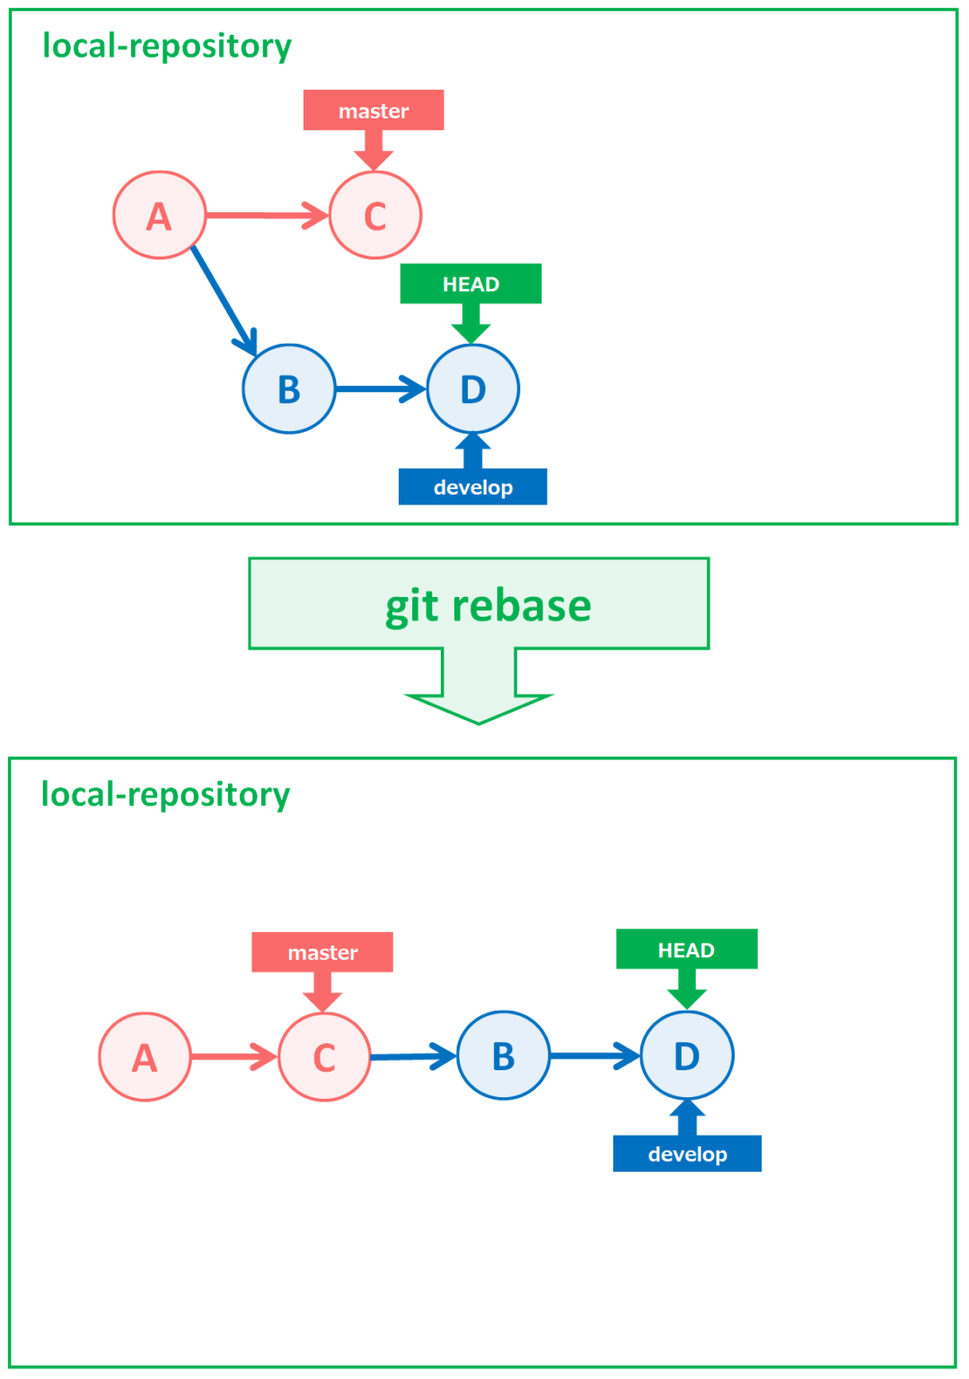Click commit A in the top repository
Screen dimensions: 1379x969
pos(159,215)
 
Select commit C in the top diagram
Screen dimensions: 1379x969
pos(375,215)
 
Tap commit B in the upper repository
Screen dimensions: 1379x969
pos(288,389)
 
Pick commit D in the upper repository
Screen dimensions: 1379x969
pos(473,389)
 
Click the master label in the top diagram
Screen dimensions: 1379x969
pos(374,110)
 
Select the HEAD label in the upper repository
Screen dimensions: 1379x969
pos(471,284)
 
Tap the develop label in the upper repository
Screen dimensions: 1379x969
pos(472,487)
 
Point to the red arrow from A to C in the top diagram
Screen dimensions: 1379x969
pos(265,215)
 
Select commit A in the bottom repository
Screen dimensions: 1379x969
pos(145,1057)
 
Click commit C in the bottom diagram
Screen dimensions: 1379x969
pos(324,1057)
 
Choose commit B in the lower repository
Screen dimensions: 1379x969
pos(503,1056)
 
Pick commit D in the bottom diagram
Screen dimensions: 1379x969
pos(687,1056)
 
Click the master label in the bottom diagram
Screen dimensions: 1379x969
pos(322,952)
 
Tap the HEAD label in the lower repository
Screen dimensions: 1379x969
pos(686,949)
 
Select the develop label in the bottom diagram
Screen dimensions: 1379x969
pos(687,1154)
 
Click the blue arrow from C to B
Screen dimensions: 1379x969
pos(411,1057)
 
